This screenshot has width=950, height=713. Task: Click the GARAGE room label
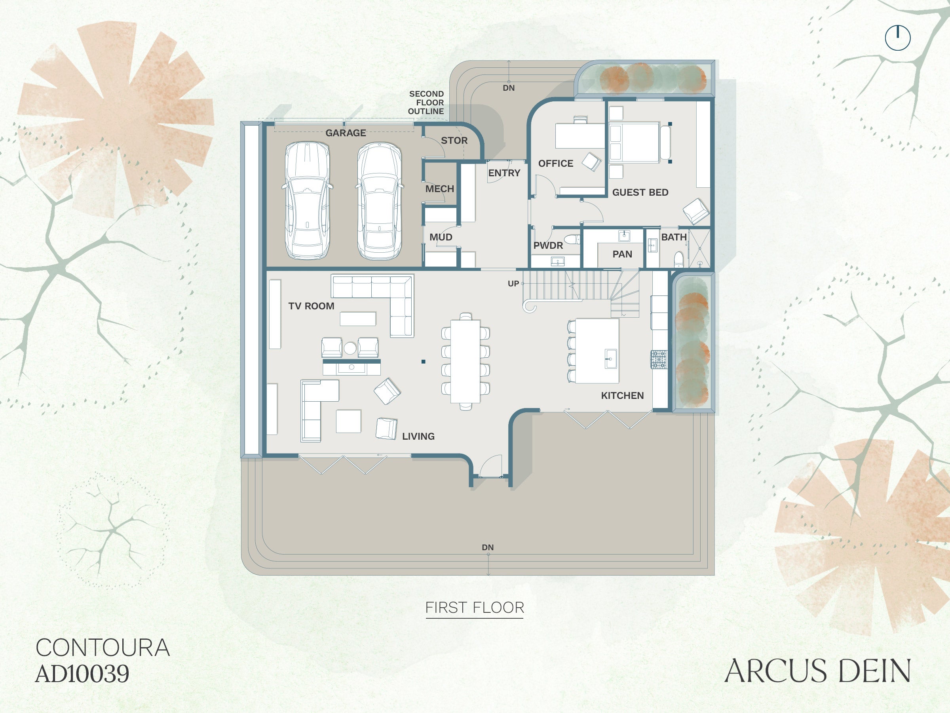[346, 133]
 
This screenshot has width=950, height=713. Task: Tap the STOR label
[454, 141]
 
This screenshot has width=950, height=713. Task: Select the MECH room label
[439, 189]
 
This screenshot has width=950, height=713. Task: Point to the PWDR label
[548, 246]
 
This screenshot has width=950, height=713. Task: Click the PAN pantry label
[622, 254]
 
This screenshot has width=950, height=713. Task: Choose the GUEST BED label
[640, 192]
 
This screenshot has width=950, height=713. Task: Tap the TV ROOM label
[311, 306]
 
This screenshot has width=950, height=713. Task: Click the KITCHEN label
[622, 395]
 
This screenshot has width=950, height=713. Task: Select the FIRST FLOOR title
[475, 608]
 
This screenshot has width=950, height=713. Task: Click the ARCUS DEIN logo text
[818, 671]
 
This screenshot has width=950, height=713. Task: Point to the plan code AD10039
[82, 673]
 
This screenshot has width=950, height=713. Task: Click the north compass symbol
[898, 38]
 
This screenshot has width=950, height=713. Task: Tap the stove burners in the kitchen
[658, 359]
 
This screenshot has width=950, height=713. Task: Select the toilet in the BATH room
[678, 259]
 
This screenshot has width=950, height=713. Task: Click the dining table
[465, 361]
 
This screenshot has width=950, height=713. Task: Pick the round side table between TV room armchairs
[350, 348]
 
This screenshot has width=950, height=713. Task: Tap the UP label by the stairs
[513, 284]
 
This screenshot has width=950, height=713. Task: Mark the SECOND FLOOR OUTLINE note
[426, 102]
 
